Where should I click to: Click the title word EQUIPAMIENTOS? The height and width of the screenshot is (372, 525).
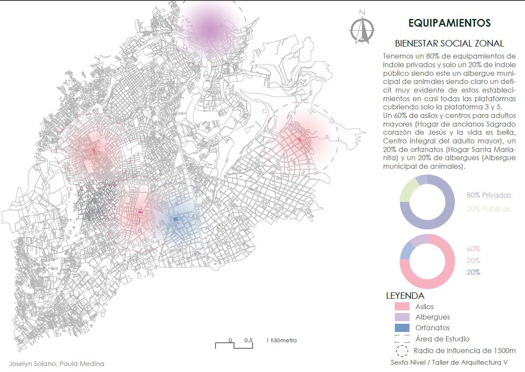coord(449,23)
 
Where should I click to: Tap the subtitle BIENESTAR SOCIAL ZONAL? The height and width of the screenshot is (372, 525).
coord(449,43)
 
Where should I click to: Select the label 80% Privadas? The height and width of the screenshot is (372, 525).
coord(488,195)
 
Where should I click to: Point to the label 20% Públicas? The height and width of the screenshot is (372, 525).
coord(488,209)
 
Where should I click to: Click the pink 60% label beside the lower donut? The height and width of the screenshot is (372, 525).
coord(473,249)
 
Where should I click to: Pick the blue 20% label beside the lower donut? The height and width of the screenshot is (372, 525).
coord(473,272)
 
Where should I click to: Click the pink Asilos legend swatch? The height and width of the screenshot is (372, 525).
coord(402,307)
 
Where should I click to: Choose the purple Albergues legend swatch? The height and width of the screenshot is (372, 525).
coord(402,317)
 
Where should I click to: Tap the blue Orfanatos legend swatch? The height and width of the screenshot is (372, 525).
coord(402,328)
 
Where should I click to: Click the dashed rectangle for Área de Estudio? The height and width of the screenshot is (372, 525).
coord(402,339)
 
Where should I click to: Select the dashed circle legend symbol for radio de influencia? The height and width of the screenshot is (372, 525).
coord(402,351)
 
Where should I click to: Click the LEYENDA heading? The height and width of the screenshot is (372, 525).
coord(405,296)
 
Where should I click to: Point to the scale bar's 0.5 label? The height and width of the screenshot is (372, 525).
coord(248,340)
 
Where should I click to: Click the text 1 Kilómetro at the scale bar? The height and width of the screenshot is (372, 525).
coord(281,340)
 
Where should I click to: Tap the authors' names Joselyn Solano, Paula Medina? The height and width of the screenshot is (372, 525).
coord(56,363)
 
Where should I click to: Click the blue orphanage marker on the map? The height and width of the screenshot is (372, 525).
coord(175,219)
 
